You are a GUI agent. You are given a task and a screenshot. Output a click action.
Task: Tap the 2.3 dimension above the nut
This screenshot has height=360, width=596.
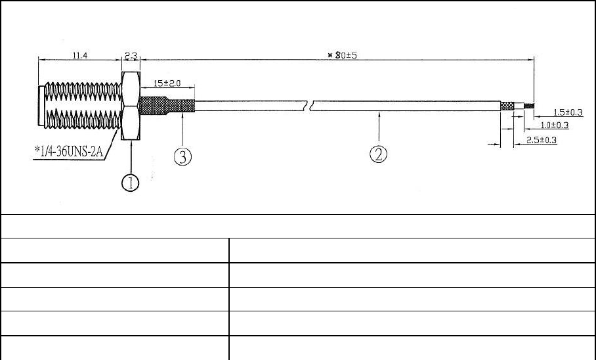tap(130, 55)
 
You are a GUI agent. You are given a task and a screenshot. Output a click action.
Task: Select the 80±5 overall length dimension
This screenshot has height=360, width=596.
tap(342, 55)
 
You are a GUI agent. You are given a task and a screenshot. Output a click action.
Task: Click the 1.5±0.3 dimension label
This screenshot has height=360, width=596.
tap(568, 112)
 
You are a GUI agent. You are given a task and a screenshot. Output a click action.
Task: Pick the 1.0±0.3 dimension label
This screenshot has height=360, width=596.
tap(554, 125)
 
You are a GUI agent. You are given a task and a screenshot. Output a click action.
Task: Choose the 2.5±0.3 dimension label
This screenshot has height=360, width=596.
tap(542, 140)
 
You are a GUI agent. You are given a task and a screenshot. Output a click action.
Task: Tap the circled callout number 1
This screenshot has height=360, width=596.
tap(131, 182)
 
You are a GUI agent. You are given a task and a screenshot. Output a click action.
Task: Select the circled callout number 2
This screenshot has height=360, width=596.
tap(379, 154)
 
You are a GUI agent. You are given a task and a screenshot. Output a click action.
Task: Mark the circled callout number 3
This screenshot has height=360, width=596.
tap(182, 156)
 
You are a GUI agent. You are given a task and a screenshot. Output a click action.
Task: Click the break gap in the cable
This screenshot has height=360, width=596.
tap(310, 106)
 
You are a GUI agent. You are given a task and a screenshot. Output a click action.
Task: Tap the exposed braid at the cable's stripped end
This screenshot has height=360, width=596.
tap(507, 105)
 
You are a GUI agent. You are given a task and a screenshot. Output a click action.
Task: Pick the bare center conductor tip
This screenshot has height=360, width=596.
tap(529, 105)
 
